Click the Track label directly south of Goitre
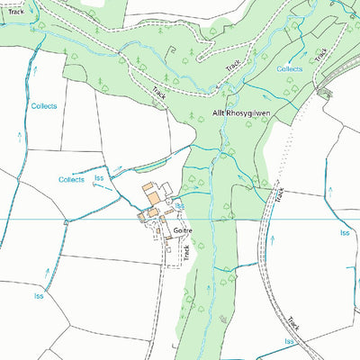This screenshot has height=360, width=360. [186, 255]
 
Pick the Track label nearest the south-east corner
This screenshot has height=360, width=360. [293, 321]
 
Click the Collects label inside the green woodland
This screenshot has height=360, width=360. [290, 68]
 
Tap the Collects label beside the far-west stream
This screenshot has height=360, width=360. [44, 106]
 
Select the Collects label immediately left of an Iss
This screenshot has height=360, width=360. [71, 180]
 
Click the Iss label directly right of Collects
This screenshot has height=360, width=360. [99, 179]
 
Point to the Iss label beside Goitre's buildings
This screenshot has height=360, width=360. [180, 206]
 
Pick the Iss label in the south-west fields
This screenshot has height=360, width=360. [39, 295]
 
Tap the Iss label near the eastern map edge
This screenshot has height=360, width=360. [344, 233]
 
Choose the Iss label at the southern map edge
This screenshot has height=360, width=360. [289, 344]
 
